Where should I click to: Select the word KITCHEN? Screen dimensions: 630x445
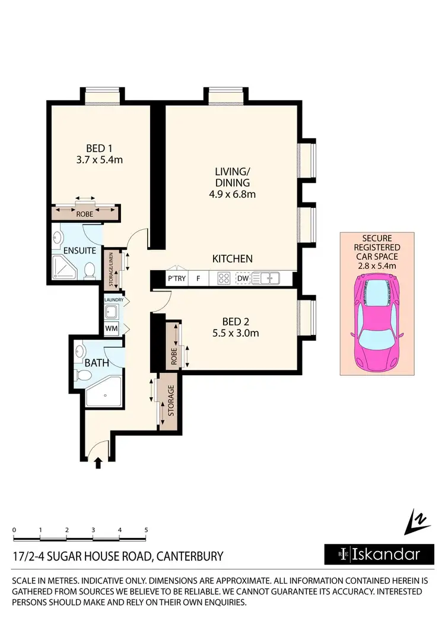coord(233,259)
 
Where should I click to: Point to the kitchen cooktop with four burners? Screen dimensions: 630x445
coord(224,277)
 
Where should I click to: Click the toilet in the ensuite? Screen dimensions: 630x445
coord(89,271)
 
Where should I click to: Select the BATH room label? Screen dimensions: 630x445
coord(97,362)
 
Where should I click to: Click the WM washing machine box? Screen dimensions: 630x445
coord(111,328)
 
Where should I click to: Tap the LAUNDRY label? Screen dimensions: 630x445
coord(113,300)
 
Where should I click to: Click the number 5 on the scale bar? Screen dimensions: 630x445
coord(146,529)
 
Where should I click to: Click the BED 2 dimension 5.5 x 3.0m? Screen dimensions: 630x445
coord(236,333)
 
